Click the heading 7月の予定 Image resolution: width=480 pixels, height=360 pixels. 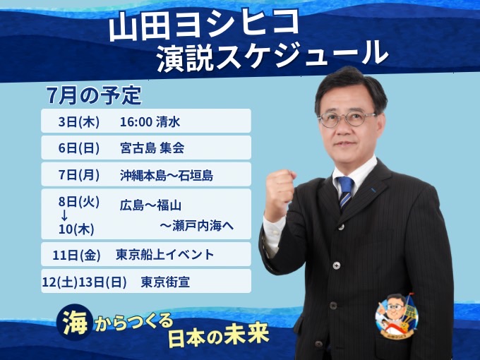(x=94, y=95)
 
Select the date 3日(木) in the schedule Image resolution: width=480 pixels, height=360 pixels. (x=79, y=122)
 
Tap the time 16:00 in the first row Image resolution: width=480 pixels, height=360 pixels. (x=136, y=122)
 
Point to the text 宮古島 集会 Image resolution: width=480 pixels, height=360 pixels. (x=152, y=148)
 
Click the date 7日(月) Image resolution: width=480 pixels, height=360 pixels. (x=79, y=175)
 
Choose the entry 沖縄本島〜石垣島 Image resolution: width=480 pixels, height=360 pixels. (x=166, y=175)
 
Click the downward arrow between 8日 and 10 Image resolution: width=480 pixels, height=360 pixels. (x=64, y=215)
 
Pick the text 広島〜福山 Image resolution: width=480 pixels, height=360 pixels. (x=150, y=205)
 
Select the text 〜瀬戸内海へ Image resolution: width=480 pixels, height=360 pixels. (x=196, y=226)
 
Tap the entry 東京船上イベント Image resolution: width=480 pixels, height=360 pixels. (x=164, y=255)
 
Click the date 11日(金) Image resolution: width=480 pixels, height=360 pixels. (x=76, y=255)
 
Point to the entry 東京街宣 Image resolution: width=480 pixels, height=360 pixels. (x=165, y=282)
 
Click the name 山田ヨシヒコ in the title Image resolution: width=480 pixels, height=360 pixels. (x=203, y=26)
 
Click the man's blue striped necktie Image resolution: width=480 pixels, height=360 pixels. (x=345, y=193)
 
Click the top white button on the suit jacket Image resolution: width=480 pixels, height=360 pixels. (x=342, y=227)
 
